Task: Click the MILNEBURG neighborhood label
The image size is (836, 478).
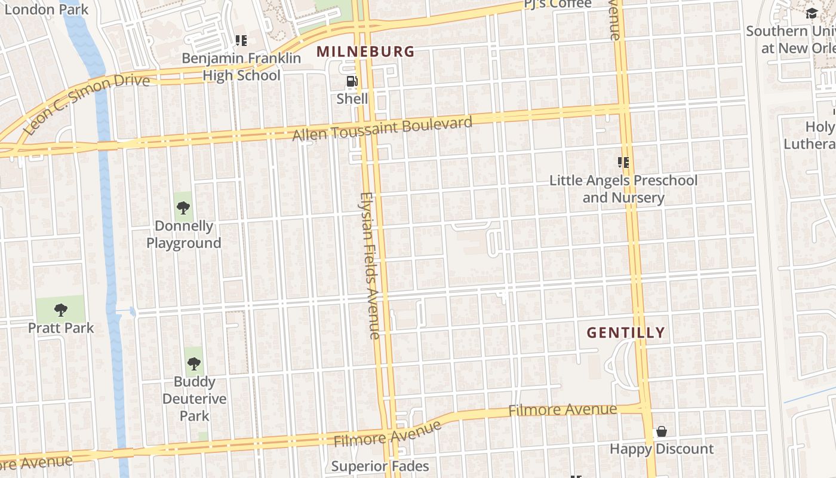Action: click(365, 52)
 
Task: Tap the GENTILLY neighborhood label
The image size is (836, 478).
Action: click(626, 333)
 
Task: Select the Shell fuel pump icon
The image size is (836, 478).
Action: click(352, 82)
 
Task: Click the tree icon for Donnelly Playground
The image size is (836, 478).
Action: click(183, 208)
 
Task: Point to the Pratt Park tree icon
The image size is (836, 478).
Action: click(60, 310)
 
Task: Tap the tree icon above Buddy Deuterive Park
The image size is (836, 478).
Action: click(193, 363)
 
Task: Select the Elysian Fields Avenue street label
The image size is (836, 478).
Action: click(370, 265)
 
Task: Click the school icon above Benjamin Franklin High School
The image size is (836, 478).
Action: click(241, 41)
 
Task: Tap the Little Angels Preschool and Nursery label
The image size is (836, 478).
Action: click(623, 189)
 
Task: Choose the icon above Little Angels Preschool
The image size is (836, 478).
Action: click(623, 162)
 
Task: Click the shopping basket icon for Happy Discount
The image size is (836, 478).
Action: click(662, 431)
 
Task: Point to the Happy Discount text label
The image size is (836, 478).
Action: click(662, 449)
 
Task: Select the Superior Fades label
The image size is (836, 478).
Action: click(380, 466)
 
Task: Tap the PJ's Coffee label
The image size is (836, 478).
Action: click(558, 5)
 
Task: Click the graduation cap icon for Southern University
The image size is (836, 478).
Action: click(811, 13)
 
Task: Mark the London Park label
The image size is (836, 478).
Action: click(46, 10)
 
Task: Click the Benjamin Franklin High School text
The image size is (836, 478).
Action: click(241, 66)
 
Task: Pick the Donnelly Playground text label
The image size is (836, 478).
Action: click(184, 234)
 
